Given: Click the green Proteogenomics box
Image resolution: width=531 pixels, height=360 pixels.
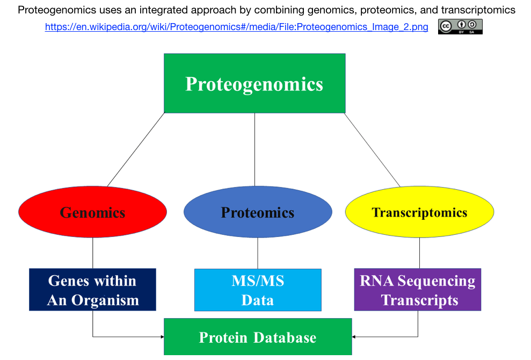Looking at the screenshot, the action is (254, 83).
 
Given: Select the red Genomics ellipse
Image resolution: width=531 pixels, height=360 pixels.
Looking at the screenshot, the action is (92, 212).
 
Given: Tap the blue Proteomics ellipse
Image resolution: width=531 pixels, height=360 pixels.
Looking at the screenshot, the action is (258, 212).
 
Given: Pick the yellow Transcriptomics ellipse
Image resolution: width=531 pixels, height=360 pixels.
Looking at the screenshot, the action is (419, 212).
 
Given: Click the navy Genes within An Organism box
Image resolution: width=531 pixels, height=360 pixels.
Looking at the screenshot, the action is (92, 290).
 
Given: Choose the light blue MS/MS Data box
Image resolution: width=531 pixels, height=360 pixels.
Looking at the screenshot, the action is (258, 290).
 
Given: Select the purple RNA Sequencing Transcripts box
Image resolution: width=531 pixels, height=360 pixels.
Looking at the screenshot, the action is (418, 290).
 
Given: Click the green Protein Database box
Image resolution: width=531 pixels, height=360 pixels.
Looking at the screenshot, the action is (258, 336).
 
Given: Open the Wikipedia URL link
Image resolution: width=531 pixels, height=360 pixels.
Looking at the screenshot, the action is (236, 27).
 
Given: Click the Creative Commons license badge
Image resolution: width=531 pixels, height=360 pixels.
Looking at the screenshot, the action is (460, 26).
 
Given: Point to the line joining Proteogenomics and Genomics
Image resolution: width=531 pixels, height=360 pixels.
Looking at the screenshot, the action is (136, 149).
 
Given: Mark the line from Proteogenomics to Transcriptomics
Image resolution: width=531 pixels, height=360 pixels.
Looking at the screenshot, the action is (372, 150).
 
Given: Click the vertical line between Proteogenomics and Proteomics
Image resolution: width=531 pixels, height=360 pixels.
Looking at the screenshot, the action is (254, 149).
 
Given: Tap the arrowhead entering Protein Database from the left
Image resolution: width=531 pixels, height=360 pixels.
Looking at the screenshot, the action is (162, 336).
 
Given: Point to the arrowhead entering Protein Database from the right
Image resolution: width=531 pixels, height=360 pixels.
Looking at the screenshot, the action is (353, 336).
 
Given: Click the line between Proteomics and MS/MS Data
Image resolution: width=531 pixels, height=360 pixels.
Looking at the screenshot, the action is (258, 253).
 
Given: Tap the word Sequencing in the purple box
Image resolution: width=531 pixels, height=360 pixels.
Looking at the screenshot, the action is (436, 282).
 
